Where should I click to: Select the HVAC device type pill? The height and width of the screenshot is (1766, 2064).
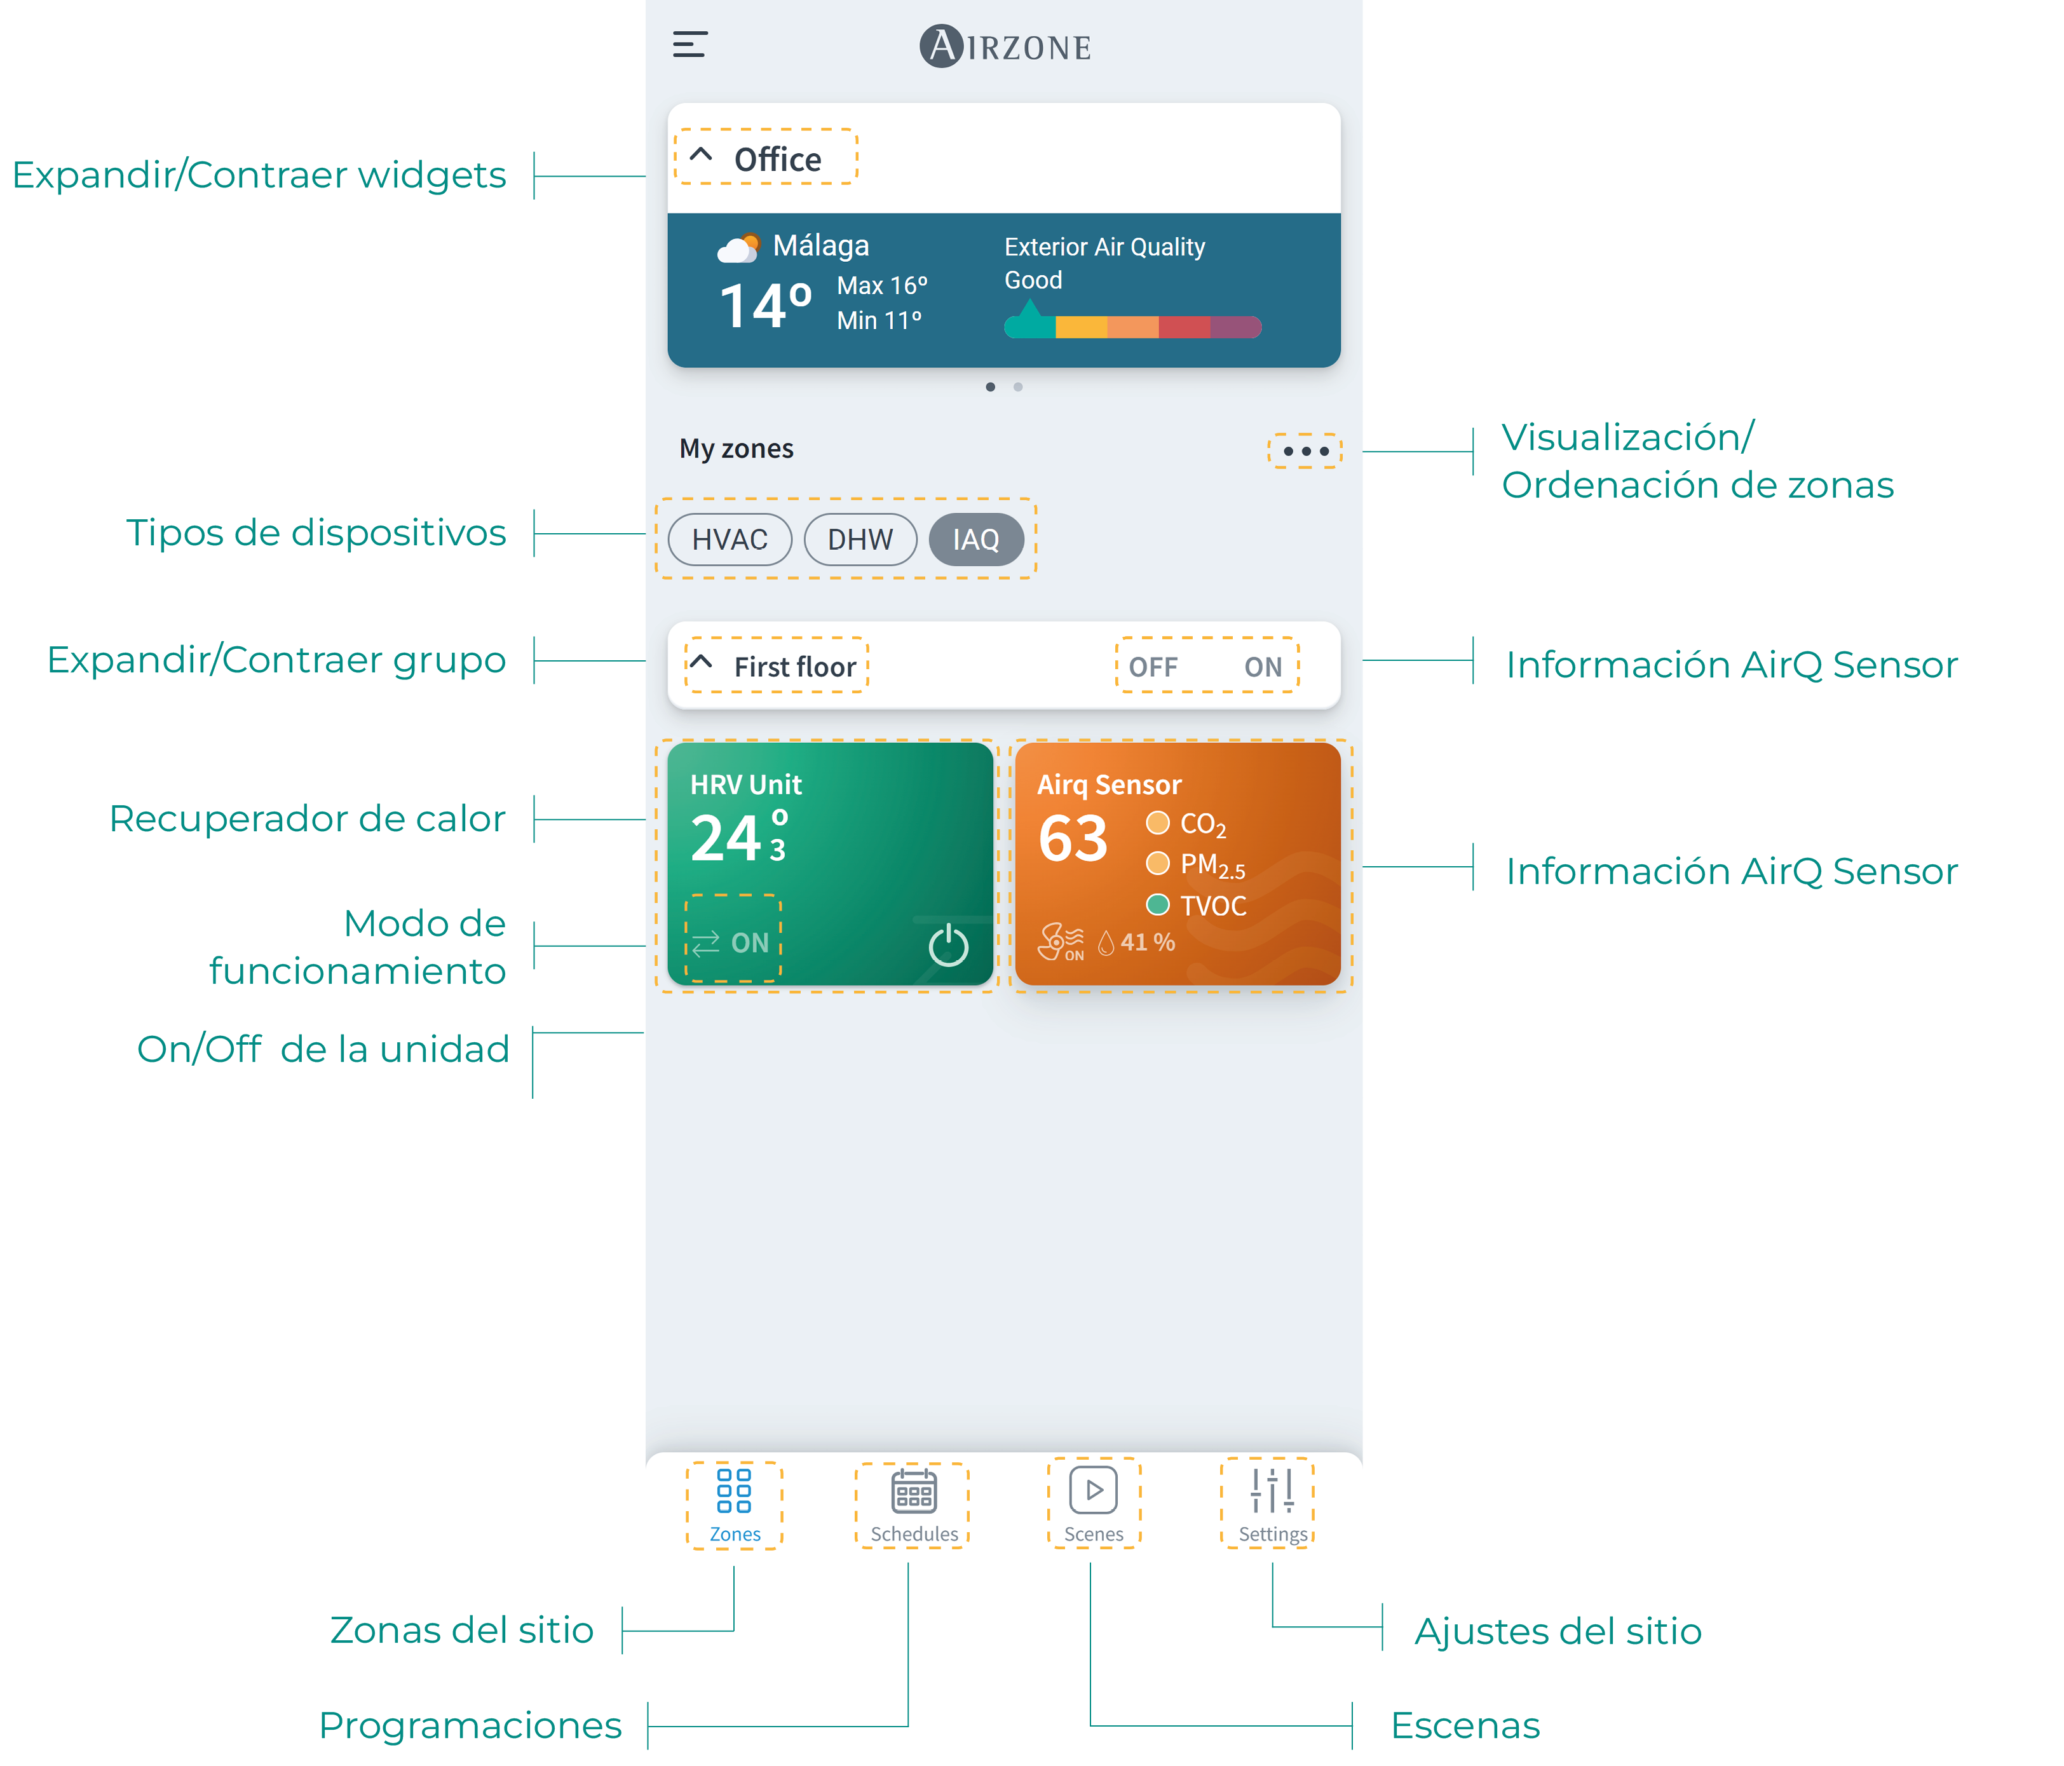pyautogui.click(x=729, y=540)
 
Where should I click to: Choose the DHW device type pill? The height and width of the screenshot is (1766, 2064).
pyautogui.click(x=860, y=540)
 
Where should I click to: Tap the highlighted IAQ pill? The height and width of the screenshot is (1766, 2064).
pyautogui.click(x=975, y=540)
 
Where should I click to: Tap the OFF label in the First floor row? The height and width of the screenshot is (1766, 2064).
pyautogui.click(x=1153, y=667)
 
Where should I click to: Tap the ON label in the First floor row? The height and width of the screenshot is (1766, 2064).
pyautogui.click(x=1262, y=667)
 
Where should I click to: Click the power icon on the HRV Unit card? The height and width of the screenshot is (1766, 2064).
pyautogui.click(x=947, y=944)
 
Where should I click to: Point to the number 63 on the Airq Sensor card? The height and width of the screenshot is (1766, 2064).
pyautogui.click(x=1073, y=839)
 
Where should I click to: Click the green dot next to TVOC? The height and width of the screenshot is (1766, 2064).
pyautogui.click(x=1157, y=904)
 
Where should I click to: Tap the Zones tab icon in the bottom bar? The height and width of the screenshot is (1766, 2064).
pyautogui.click(x=734, y=1491)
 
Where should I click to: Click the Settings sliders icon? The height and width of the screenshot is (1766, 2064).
pyautogui.click(x=1272, y=1491)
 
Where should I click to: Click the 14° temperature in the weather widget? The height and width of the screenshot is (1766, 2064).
pyautogui.click(x=765, y=306)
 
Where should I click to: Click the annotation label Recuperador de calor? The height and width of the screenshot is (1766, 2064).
pyautogui.click(x=307, y=818)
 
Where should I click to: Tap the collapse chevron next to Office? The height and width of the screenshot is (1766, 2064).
pyautogui.click(x=702, y=156)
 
